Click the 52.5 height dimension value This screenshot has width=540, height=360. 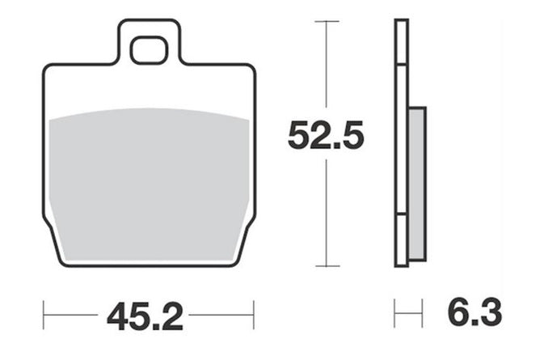(x=326, y=135)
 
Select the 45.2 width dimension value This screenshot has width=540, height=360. (x=145, y=316)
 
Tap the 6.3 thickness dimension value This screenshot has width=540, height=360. (x=475, y=311)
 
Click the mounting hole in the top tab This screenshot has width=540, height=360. (x=149, y=50)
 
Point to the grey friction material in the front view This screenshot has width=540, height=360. (x=149, y=184)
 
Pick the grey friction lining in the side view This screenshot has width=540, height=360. (x=417, y=184)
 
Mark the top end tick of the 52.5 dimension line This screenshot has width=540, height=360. (x=327, y=21)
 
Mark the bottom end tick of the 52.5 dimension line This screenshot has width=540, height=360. (x=327, y=266)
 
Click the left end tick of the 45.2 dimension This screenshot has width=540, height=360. (x=44, y=315)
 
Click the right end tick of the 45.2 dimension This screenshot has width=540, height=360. (x=254, y=315)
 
